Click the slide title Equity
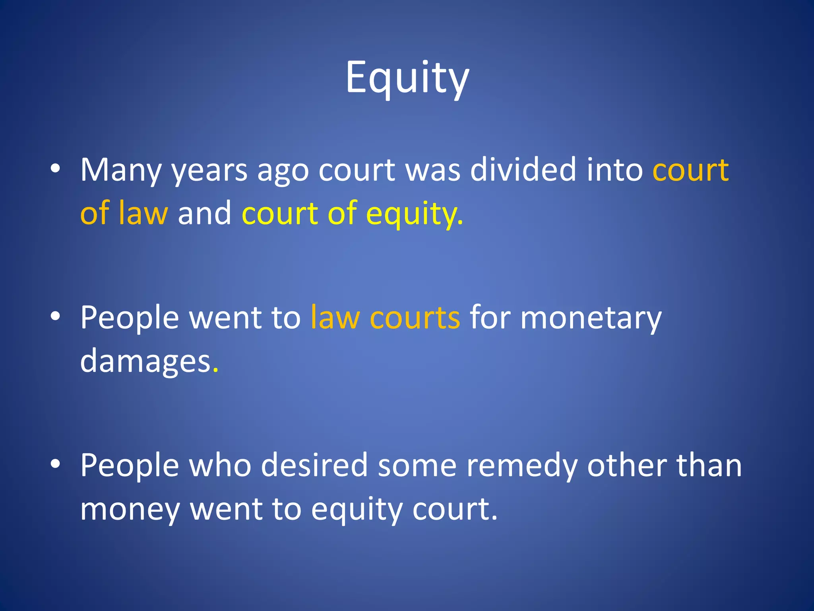coord(407,78)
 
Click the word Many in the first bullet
coord(120,170)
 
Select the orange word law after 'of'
coord(143,213)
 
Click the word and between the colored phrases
coord(204,213)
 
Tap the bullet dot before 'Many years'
coord(55,169)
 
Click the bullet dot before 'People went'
coord(55,317)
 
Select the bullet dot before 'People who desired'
coord(55,464)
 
